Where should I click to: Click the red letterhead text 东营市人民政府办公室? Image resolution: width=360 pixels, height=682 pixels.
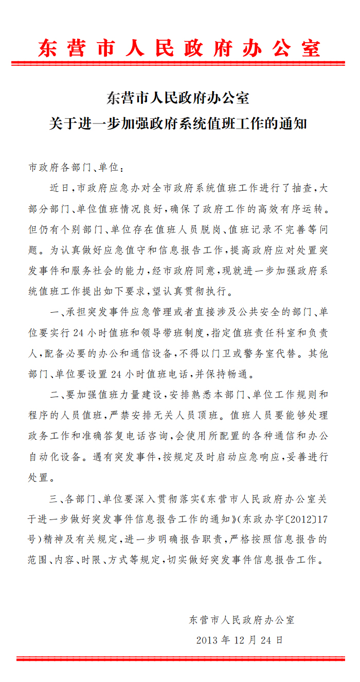(179, 48)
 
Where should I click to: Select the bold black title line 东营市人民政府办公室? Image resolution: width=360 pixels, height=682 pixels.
(178, 98)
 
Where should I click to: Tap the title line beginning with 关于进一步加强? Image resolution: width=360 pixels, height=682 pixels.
(178, 124)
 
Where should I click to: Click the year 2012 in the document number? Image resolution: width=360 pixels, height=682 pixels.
(294, 519)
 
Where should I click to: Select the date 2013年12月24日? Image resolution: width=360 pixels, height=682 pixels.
(240, 640)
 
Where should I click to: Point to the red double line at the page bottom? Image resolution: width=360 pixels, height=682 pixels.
(181, 659)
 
